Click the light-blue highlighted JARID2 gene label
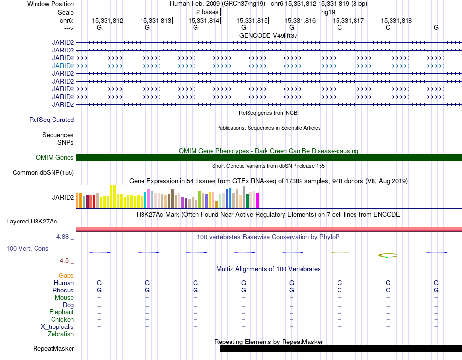coord(63,66)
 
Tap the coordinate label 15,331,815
coord(252,20)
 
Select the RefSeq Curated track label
coord(52,120)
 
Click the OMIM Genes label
coord(55,157)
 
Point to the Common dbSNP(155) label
coord(43,173)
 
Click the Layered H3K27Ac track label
coord(32,222)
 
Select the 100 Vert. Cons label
coord(27,248)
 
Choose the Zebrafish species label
coord(61,334)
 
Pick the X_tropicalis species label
coord(57,327)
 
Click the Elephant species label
coord(62,312)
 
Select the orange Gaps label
coord(66,275)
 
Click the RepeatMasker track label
coord(53,348)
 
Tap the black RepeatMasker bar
coord(341,348)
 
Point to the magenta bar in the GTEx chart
coord(258,201)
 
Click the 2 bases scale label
coord(208,12)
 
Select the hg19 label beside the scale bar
coord(328,12)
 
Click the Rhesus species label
coord(63,290)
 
